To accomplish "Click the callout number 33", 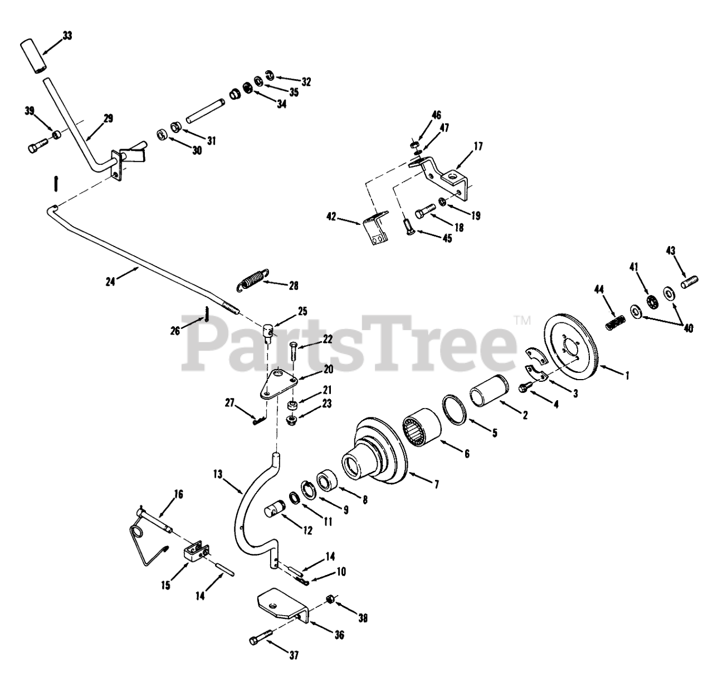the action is click(67, 36).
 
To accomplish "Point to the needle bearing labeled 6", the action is click(422, 430).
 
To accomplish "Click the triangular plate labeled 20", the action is click(277, 383).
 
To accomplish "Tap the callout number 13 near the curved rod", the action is click(218, 474).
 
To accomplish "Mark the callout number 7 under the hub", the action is click(436, 485).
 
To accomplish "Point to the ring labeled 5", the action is click(455, 409).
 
